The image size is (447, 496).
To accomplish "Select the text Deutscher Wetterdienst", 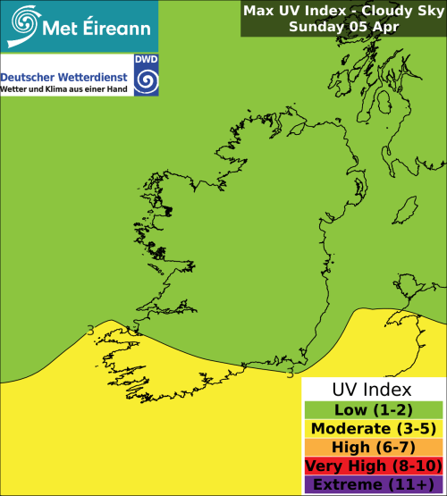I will [64, 76].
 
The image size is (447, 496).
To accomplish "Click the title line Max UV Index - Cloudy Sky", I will [343, 11].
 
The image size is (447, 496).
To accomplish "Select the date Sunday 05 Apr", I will [343, 27].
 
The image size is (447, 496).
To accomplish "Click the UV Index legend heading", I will [372, 390].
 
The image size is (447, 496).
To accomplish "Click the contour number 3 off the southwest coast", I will [90, 331].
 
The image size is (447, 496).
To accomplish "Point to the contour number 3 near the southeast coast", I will [290, 373].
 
